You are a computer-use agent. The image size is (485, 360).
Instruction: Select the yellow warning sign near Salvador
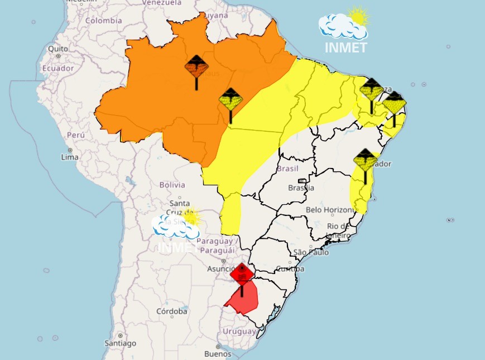coord(365,160)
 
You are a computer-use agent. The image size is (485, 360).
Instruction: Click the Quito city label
coord(58,49)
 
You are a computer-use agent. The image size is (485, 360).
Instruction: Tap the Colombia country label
coord(103,21)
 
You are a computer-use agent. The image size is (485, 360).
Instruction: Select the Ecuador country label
coord(58,68)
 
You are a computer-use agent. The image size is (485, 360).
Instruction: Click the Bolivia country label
coord(172,185)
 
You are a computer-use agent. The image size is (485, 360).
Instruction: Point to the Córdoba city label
coord(171,311)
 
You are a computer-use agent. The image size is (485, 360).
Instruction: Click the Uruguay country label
coord(239,331)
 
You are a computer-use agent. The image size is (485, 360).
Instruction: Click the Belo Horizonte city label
coord(330,210)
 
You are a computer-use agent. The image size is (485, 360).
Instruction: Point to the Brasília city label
coord(301,188)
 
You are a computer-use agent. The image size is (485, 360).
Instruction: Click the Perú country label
coord(75,135)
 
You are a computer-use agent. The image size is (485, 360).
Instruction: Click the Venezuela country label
coord(162,3)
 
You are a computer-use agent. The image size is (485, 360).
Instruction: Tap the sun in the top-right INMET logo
coord(358,16)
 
